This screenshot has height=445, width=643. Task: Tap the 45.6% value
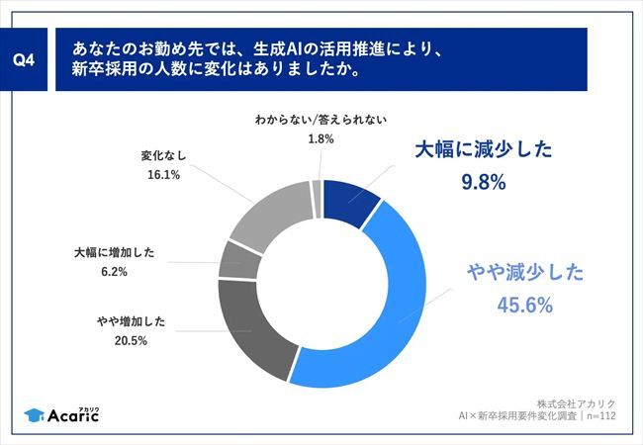tap(523, 306)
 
